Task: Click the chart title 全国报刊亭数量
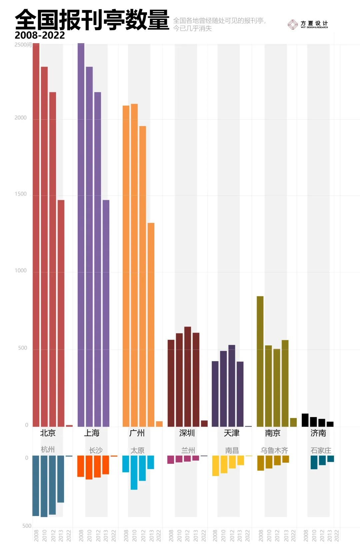point(92,20)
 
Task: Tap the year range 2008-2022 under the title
point(40,35)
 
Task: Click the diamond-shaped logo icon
point(292,24)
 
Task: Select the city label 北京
point(48,433)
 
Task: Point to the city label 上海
point(92,433)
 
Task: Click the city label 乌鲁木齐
point(274,451)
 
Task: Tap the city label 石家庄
point(321,451)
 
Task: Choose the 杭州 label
point(48,450)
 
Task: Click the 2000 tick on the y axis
point(21,118)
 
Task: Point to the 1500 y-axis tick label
point(21,194)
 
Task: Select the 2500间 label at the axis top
point(23,45)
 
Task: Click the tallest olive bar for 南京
point(260,361)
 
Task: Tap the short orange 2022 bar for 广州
point(159,424)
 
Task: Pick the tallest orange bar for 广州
point(134,265)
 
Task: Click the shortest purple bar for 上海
point(106,313)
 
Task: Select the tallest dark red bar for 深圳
point(188,377)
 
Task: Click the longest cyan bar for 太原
point(134,472)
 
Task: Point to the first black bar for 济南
point(305,420)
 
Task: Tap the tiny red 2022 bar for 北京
point(69,426)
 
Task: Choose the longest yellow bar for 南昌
point(216,466)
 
